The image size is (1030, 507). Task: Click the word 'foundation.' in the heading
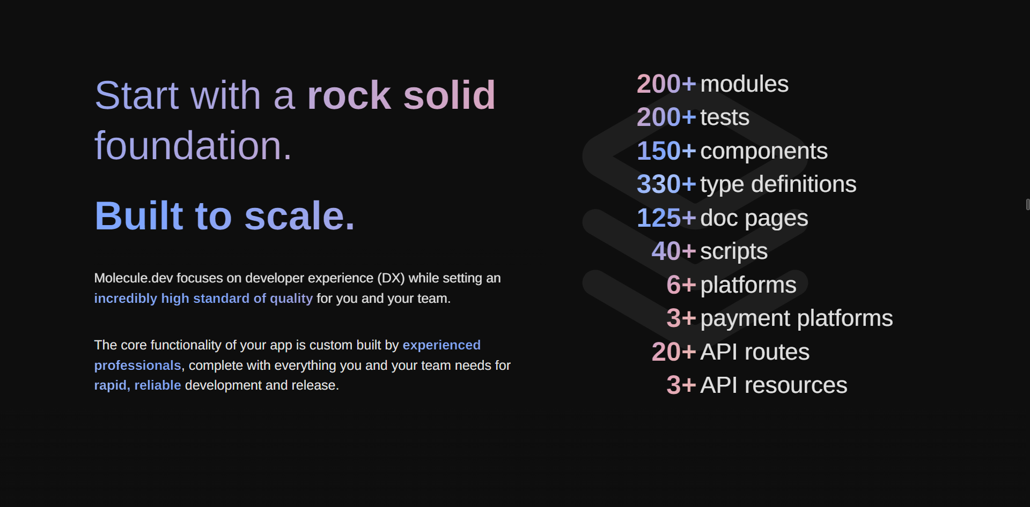(193, 146)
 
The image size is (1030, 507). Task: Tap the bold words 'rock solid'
(401, 96)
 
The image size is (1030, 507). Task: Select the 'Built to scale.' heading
(225, 216)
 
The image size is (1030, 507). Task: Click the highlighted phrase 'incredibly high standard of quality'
(203, 299)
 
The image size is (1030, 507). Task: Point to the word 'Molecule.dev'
(133, 278)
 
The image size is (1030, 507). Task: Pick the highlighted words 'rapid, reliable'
(137, 385)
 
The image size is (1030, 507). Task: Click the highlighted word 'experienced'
(442, 345)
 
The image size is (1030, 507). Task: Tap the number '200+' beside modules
(666, 84)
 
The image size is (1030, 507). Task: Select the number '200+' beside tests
(666, 117)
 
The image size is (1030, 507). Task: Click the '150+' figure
(666, 151)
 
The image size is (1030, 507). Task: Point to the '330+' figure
(666, 184)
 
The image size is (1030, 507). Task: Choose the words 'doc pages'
(754, 218)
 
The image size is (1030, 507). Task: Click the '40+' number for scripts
(673, 251)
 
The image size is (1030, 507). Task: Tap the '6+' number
(681, 285)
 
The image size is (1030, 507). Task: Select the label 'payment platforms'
(796, 318)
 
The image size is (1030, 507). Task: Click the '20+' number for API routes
(673, 352)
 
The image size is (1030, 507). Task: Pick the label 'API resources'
(774, 385)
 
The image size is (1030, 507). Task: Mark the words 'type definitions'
(778, 184)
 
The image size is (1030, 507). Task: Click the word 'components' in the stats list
(763, 151)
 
